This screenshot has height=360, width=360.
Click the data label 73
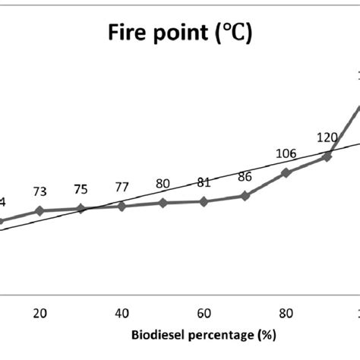40,192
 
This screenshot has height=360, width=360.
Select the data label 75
81,190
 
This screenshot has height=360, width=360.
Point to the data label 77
122,187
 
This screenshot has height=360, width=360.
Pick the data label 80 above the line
163,184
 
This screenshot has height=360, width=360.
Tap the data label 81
204,182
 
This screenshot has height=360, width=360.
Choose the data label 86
245,177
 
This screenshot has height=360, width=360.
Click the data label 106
286,154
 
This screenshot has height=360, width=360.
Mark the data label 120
327,137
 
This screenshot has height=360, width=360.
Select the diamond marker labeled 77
122,206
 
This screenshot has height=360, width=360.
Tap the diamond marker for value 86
245,196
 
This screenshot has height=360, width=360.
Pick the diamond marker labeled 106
286,172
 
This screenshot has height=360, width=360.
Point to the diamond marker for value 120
327,156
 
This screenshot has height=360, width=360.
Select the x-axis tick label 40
122,311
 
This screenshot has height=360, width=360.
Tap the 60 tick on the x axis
204,311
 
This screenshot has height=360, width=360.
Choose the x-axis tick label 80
286,311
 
